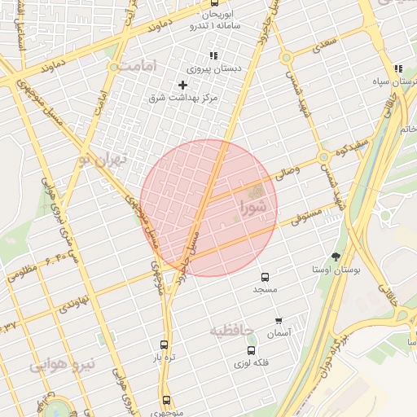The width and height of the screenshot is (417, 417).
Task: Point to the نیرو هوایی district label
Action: tap(63, 364)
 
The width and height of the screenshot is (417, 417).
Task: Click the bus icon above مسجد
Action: tap(265, 278)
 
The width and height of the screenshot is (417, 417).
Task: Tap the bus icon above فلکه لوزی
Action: tap(250, 350)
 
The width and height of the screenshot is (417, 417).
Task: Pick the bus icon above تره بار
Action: tap(165, 345)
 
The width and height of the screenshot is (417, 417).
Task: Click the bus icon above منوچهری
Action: tap(167, 401)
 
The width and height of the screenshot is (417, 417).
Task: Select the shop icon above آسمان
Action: tap(279, 321)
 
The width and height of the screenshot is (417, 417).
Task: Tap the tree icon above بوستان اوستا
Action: tap(336, 257)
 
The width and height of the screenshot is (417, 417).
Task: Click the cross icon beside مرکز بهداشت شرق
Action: tap(182, 85)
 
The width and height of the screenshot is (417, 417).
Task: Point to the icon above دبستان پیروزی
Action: tap(213, 55)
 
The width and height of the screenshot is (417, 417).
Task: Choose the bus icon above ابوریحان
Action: tap(214, 3)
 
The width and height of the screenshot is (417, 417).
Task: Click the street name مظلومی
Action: tap(22, 272)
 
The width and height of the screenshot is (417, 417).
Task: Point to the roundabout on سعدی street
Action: tap(286, 58)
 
